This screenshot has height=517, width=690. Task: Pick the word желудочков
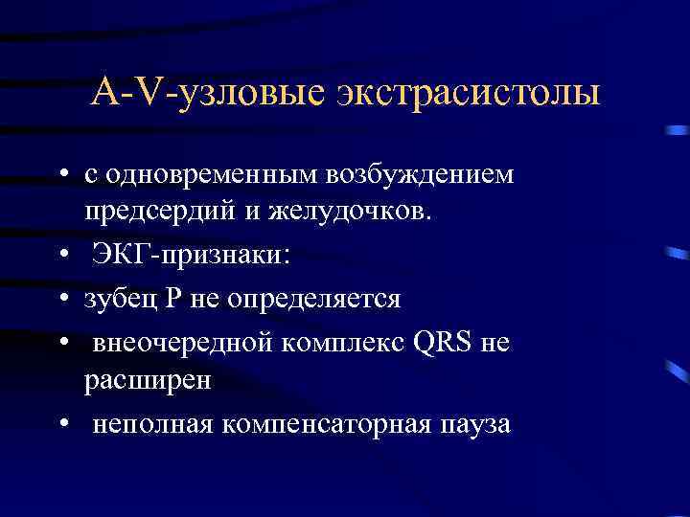(353, 209)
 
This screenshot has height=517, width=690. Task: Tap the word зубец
(115, 299)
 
